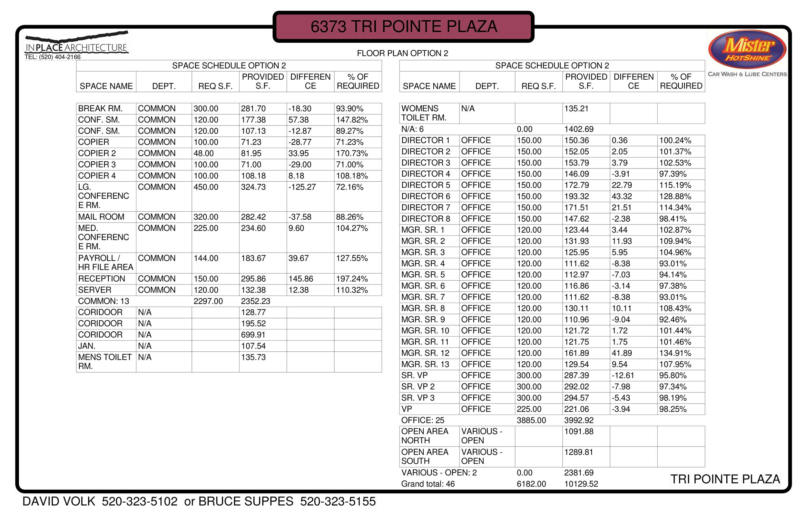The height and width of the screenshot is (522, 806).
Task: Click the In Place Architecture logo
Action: point(76,45)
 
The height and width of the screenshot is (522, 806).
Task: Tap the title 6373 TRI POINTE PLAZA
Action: point(403,26)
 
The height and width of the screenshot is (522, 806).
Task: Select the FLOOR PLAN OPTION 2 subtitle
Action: point(402,53)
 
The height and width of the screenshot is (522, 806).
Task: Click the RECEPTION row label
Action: point(102,279)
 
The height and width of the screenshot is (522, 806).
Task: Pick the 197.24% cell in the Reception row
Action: point(351,279)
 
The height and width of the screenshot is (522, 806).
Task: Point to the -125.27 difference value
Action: point(302,187)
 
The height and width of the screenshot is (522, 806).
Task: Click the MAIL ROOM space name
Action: point(101,217)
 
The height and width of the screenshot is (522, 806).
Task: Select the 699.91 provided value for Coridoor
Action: point(253,335)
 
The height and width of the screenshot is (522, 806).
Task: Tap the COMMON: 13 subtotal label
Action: point(103,301)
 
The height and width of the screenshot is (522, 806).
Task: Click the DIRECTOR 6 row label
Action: point(425,196)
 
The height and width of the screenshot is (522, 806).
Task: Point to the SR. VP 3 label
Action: point(418,397)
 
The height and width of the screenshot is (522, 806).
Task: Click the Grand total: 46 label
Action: point(428,484)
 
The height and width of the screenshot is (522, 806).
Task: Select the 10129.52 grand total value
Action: point(581,484)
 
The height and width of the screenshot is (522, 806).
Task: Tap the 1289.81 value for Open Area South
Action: point(578,452)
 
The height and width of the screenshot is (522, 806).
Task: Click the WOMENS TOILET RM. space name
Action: point(423,113)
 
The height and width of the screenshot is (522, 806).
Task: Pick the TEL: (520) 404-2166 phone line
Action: point(53,57)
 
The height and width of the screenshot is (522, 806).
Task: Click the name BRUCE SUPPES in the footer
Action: point(246,501)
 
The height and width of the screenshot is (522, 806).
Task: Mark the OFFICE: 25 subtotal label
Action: point(422,420)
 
